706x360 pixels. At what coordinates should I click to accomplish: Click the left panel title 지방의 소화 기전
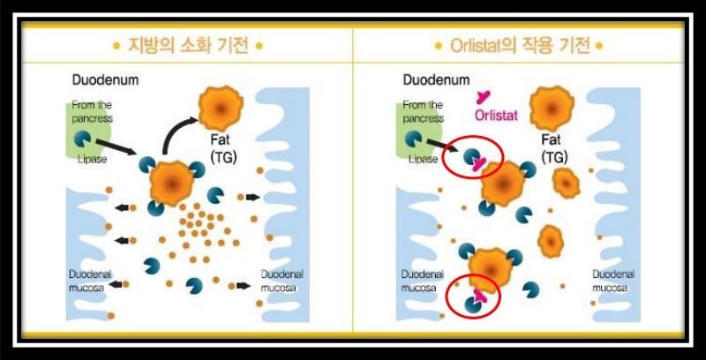(x=189, y=46)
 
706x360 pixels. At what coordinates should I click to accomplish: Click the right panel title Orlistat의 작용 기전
(x=520, y=46)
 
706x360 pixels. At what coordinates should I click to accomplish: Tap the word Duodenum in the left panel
(x=105, y=80)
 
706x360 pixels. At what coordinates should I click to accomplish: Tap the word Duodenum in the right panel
(x=436, y=80)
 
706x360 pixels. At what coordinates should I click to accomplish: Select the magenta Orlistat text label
(x=496, y=116)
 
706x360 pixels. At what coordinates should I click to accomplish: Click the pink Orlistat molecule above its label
(x=483, y=97)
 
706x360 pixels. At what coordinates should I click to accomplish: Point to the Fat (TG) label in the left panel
(x=223, y=147)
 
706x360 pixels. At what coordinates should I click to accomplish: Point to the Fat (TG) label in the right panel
(x=554, y=147)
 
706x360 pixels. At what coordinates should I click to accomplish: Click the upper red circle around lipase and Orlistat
(x=472, y=157)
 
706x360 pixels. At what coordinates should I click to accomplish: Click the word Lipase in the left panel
(x=92, y=159)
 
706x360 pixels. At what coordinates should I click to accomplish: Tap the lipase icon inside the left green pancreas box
(x=82, y=139)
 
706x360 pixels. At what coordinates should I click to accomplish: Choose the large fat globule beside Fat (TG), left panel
(x=221, y=109)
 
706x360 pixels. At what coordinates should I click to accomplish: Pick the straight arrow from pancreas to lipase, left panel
(x=116, y=146)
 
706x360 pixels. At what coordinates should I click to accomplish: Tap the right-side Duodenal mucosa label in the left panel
(x=282, y=281)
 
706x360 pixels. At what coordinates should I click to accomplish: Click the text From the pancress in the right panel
(x=424, y=111)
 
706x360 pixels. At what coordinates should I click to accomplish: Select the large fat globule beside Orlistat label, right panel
(x=552, y=109)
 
